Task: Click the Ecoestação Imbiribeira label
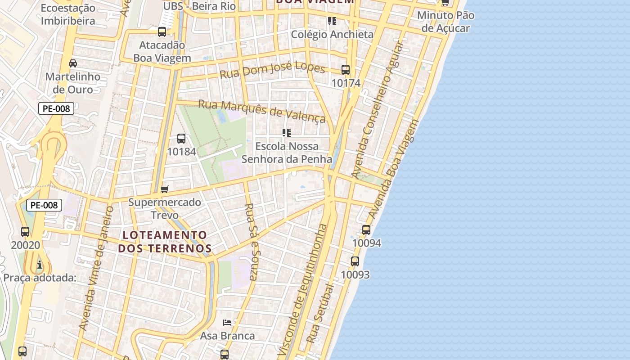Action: [68, 14]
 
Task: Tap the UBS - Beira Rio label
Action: [199, 6]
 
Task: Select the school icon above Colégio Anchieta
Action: [332, 21]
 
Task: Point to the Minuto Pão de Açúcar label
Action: [445, 22]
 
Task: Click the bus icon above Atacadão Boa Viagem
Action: [162, 32]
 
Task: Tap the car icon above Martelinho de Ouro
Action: [73, 63]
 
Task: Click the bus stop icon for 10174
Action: [346, 70]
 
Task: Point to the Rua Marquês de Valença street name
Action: [261, 111]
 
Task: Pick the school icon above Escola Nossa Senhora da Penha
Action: [287, 133]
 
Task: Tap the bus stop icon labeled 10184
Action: [181, 139]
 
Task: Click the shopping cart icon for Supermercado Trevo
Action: [165, 189]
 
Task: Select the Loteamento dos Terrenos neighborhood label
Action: [165, 242]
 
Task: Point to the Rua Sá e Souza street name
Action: [250, 242]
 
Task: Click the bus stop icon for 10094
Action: [366, 230]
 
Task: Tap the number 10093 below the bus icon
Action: [355, 274]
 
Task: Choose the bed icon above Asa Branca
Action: [227, 323]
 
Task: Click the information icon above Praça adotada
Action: [40, 264]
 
